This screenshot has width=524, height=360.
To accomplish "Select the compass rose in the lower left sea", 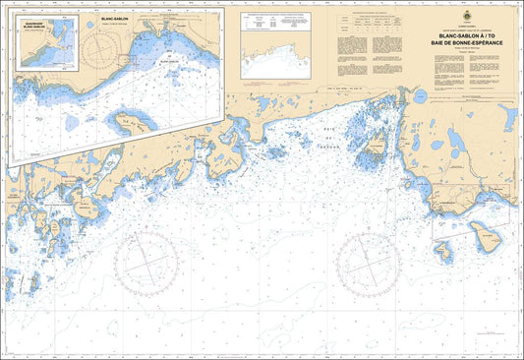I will click(146, 264).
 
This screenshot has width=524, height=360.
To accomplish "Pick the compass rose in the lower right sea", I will click(370, 264).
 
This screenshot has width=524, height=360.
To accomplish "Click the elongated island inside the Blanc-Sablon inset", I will click(136, 121).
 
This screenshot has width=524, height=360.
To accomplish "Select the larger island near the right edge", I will click(484, 234).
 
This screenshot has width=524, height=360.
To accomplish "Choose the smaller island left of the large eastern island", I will click(444, 253).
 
